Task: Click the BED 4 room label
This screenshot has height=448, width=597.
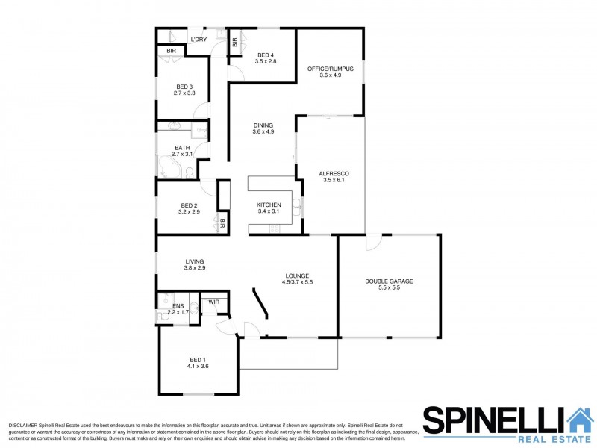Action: [x=266, y=55]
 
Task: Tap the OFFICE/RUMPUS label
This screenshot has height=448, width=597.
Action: [x=330, y=69]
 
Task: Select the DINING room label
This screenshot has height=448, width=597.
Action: [x=263, y=125]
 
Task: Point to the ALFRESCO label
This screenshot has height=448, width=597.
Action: [x=334, y=173]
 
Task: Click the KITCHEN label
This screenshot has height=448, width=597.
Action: [x=269, y=205]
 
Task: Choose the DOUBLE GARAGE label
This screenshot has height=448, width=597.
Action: [x=389, y=281]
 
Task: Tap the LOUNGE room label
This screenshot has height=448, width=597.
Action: [x=296, y=276]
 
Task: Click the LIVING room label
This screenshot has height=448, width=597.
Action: [x=195, y=261]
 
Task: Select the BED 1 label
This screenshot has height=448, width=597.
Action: [x=198, y=360]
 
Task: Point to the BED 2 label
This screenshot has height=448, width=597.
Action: [x=189, y=206]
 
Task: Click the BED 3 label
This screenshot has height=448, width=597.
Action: [x=184, y=87]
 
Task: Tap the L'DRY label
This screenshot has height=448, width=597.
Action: [x=199, y=40]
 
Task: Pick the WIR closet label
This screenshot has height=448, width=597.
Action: [x=214, y=302]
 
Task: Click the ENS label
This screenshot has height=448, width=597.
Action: [x=178, y=305]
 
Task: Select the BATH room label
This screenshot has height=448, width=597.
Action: [x=182, y=148]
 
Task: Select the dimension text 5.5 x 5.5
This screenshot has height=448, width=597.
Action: [x=389, y=287]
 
